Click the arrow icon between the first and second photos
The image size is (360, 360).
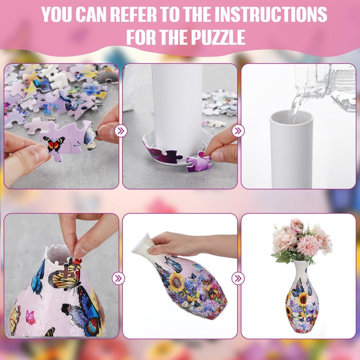coord(121,131)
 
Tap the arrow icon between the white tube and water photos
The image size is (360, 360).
coord(238,131)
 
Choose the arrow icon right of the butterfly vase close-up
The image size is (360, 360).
coord(118,279)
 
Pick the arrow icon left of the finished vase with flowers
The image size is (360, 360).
coord(238,279)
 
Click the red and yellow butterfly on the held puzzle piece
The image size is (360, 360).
coord(54,144)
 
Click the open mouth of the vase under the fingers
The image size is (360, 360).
coord(59,254)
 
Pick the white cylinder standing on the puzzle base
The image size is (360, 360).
coord(177,108)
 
